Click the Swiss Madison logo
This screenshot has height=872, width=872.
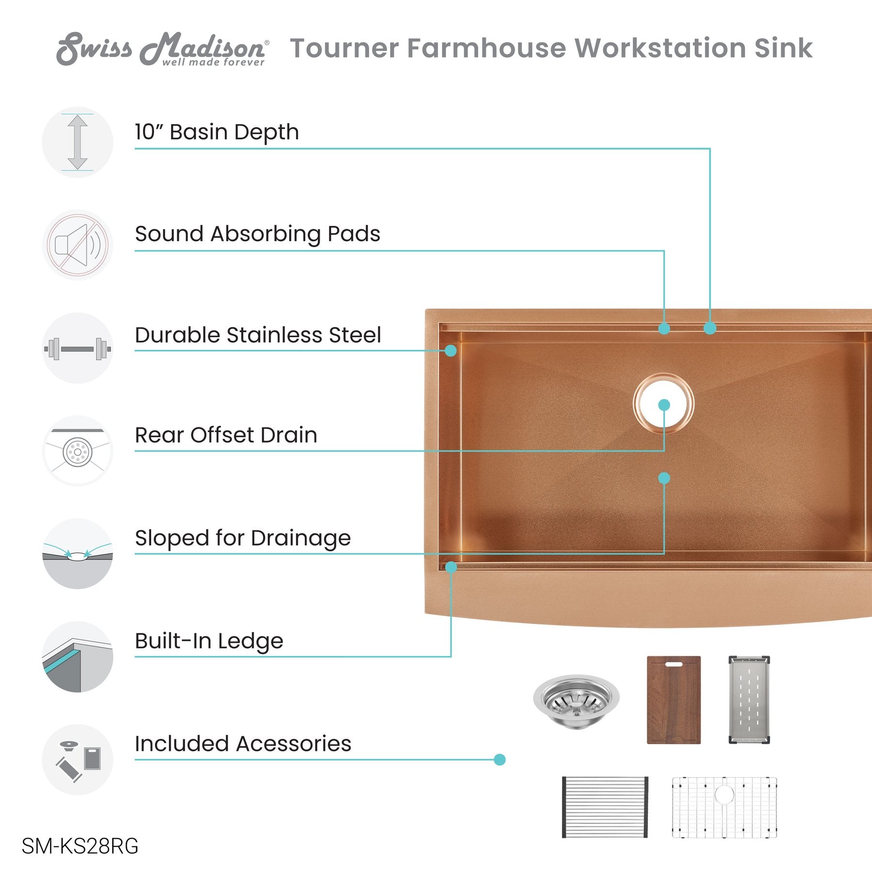point(162,48)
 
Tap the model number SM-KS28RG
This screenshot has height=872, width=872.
point(80,846)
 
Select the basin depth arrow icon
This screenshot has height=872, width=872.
point(78,142)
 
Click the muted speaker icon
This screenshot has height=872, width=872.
point(78,245)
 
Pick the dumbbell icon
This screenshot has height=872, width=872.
point(78,348)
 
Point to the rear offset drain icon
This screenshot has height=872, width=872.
point(78,451)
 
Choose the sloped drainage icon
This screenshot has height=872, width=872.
point(78,554)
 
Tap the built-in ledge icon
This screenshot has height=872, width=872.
point(78,657)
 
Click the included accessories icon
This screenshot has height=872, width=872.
point(78,760)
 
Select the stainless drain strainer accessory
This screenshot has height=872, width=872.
point(576,701)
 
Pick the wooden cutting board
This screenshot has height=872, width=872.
point(674,700)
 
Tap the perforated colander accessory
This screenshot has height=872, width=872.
point(749,700)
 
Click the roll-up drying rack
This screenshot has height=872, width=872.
point(605,807)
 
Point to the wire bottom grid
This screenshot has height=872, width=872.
point(724,807)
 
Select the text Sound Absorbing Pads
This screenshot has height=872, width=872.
point(258,234)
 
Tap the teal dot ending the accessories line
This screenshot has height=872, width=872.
point(499,760)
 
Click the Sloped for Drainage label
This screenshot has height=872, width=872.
point(243,538)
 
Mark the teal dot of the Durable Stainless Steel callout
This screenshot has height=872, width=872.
point(451,350)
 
